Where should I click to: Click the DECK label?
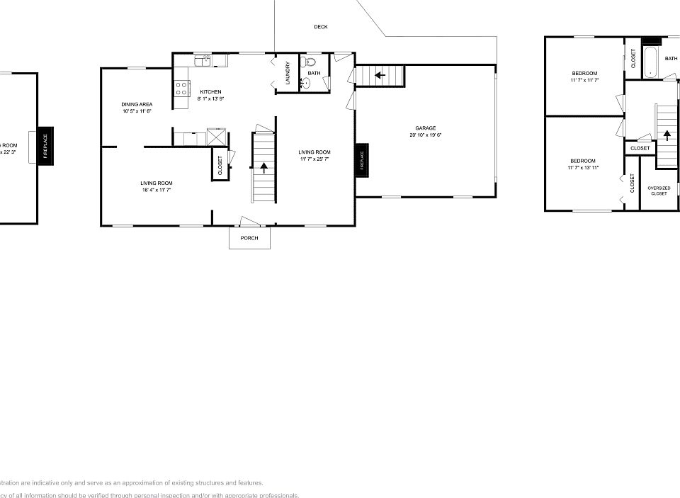321,27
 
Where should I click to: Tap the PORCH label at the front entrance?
249,238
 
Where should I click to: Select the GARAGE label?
425,128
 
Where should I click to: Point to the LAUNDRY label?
288,74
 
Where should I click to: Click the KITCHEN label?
210,92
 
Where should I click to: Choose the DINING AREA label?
137,104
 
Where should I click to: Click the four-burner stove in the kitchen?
182,89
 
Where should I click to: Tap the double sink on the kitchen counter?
203,60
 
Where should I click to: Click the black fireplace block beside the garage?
361,160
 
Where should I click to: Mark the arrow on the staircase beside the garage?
380,74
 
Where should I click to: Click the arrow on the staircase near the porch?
264,168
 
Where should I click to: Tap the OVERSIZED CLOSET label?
659,191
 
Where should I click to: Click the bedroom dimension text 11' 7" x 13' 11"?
583,168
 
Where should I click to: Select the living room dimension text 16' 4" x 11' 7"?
156,190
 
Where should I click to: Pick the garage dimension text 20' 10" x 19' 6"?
425,135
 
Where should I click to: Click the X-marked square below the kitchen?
216,136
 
